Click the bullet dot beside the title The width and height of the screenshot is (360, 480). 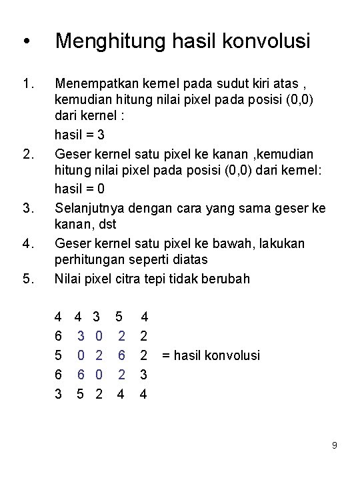(x=25, y=43)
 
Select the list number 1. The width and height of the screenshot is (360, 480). (x=28, y=85)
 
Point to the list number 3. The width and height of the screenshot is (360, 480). (x=28, y=209)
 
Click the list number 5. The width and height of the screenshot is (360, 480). (x=28, y=279)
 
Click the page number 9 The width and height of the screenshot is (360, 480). (x=335, y=445)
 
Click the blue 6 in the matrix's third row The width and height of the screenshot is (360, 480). (x=121, y=355)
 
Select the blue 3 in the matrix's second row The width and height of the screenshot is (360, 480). (x=81, y=337)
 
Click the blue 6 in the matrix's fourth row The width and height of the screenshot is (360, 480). (x=81, y=375)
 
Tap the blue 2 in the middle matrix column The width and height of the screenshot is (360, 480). (x=99, y=355)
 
